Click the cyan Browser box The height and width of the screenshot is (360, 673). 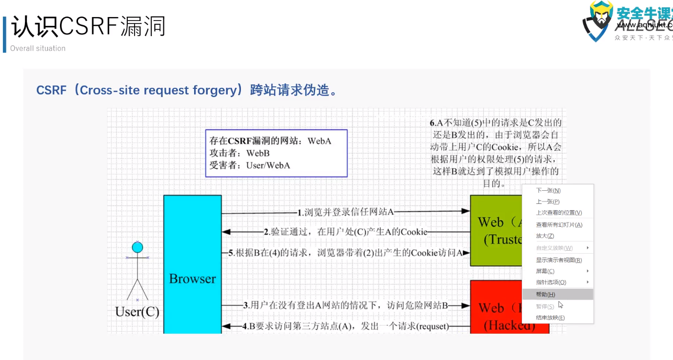(x=192, y=263)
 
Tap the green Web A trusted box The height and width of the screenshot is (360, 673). (x=495, y=230)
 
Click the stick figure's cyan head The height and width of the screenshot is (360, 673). (x=138, y=247)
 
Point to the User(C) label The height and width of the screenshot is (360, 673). (x=137, y=312)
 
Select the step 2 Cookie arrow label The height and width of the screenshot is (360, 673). (x=345, y=232)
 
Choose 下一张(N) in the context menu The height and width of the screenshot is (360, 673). (x=549, y=191)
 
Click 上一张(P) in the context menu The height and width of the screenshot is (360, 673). (x=548, y=201)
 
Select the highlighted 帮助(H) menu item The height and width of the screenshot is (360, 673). (x=546, y=294)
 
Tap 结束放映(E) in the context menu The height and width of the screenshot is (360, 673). (x=550, y=318)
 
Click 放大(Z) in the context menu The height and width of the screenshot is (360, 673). (x=545, y=236)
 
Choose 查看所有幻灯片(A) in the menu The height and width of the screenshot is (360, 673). (x=559, y=225)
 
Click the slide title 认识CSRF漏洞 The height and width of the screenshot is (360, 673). (x=88, y=27)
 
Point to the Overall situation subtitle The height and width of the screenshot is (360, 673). (x=38, y=48)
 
